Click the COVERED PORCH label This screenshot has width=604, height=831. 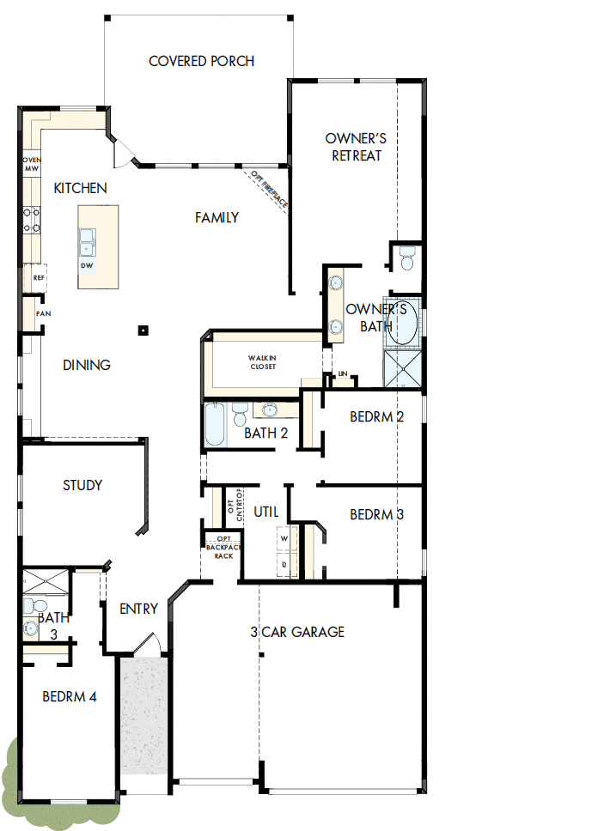tap(201, 61)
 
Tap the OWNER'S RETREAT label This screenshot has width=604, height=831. tap(353, 147)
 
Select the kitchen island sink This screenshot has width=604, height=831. tap(88, 241)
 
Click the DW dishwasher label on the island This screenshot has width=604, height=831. tap(86, 265)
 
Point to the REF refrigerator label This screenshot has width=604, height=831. tap(38, 278)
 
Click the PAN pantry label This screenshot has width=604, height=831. tap(42, 314)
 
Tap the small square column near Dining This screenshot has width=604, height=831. tap(143, 330)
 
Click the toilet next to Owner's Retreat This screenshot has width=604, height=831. tap(406, 256)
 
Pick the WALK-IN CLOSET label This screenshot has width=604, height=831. tap(262, 361)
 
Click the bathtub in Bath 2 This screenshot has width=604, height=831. tap(215, 425)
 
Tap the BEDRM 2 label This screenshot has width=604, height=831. tap(376, 417)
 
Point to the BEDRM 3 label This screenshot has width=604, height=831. tap(376, 515)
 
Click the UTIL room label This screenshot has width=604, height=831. tap(266, 512)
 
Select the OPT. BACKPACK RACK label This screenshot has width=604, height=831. tap(223, 547)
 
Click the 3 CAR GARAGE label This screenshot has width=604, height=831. tap(297, 632)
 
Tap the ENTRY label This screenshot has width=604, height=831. tap(138, 609)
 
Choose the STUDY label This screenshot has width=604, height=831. tap(82, 485)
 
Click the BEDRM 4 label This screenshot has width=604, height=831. tap(70, 697)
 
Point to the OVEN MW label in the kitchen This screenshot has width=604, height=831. tap(31, 164)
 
